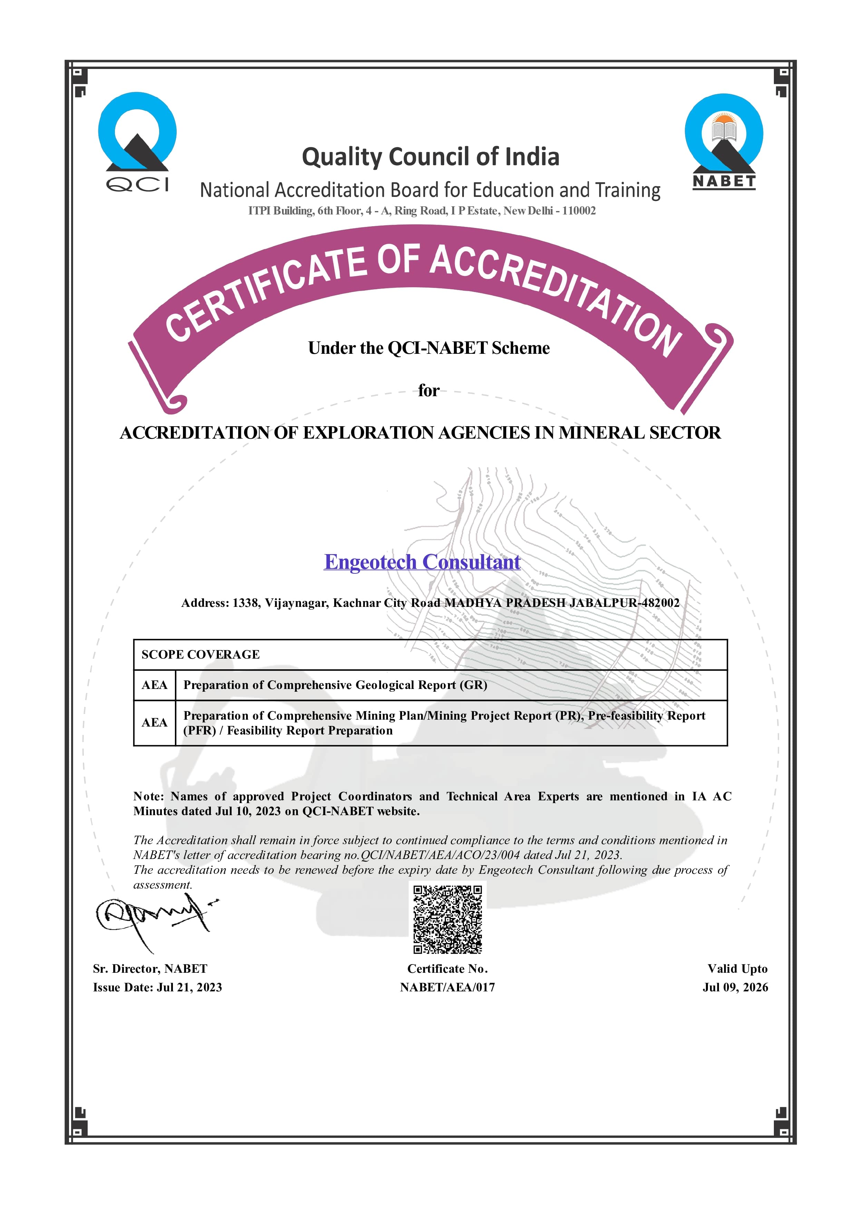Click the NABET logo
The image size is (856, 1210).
pos(723,141)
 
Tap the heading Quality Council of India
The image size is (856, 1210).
pos(430,157)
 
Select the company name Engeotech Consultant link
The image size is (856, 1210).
pos(422,562)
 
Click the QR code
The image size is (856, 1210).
pos(447,919)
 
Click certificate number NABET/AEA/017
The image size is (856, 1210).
pos(447,987)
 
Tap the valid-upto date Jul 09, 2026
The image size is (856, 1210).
pos(735,987)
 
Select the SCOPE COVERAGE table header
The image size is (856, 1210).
pos(201,654)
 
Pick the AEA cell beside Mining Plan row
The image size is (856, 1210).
pos(154,722)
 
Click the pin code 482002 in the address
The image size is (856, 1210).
pos(660,603)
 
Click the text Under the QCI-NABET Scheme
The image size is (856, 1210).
pos(429,348)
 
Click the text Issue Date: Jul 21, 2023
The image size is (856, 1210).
pos(157,987)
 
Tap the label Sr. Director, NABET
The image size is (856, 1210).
pos(150,969)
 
